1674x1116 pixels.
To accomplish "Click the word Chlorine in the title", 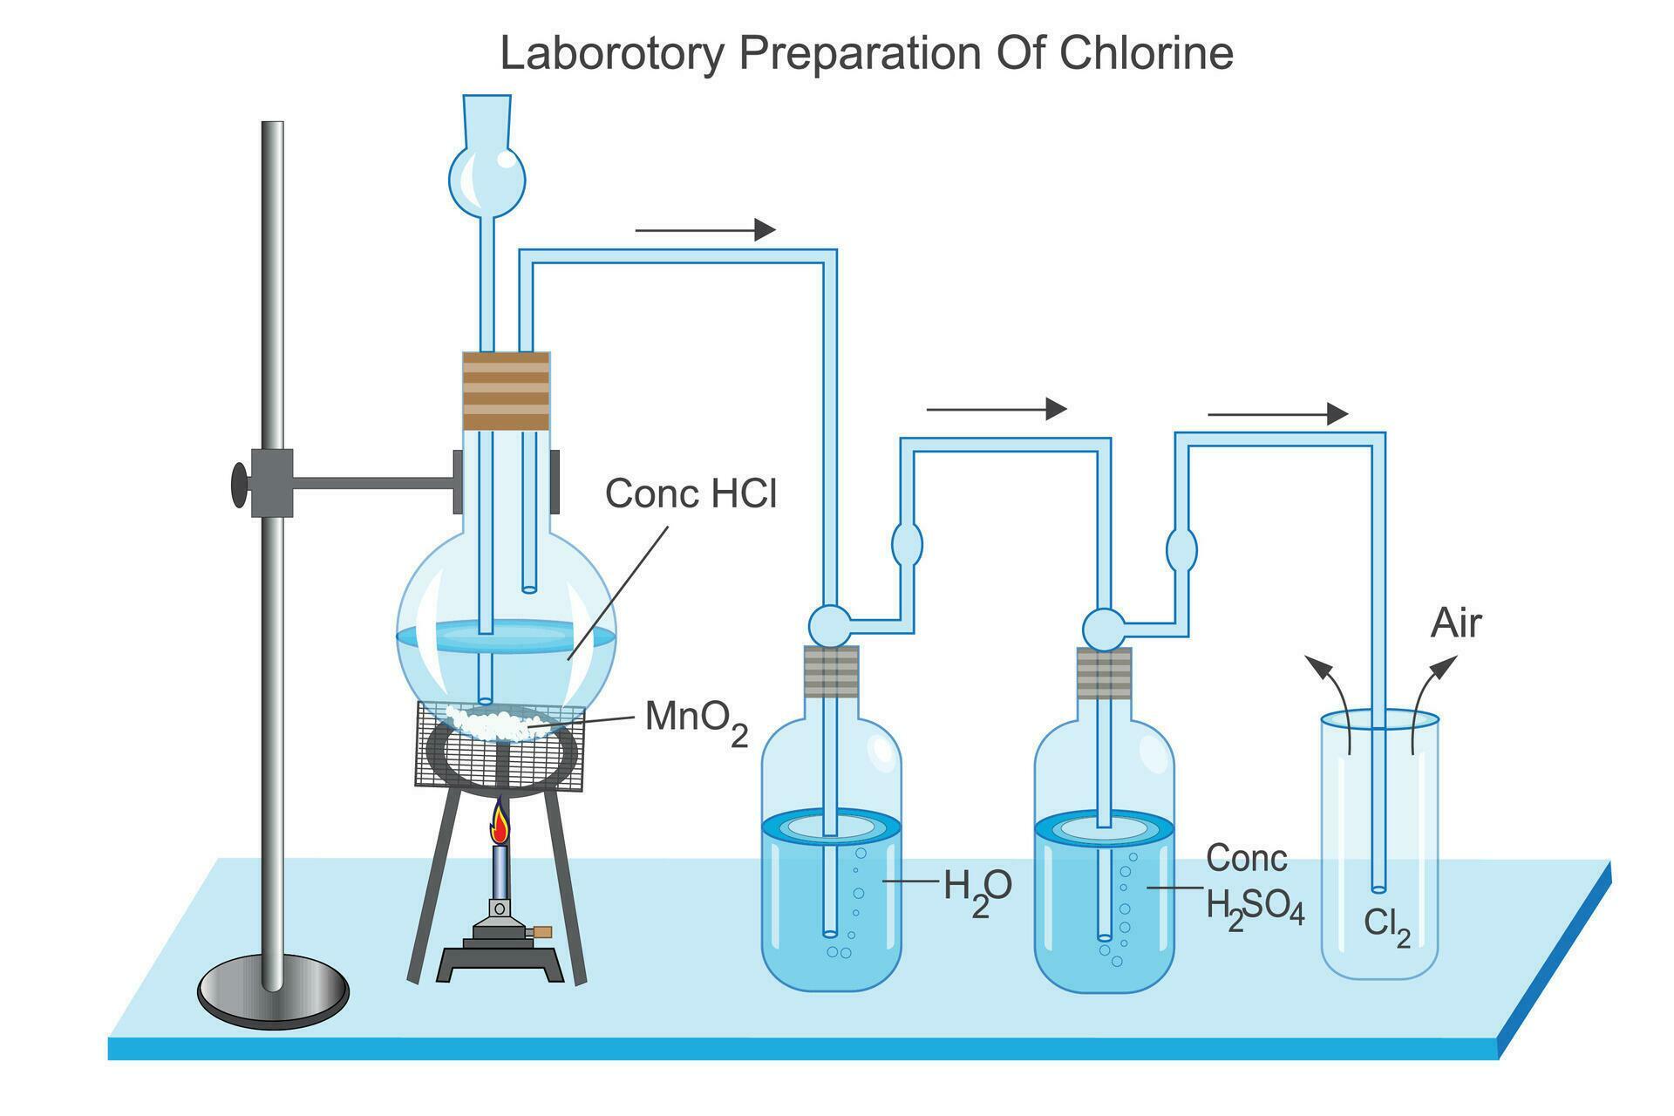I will (x=1147, y=54).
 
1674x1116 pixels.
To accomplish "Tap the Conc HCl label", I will (x=691, y=493).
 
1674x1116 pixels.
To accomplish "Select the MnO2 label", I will (x=696, y=721).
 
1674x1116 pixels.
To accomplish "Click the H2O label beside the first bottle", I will (x=977, y=888).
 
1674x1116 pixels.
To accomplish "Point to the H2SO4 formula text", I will (x=1255, y=908).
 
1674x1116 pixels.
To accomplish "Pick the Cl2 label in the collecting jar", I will (x=1387, y=924).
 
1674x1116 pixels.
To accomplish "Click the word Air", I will (x=1456, y=624).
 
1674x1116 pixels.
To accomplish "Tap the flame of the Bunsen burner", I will (x=500, y=824).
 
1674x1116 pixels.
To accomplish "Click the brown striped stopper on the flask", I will (x=506, y=391).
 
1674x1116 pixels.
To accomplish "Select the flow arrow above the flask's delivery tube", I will (x=704, y=230).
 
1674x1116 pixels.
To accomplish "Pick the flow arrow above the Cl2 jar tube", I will (x=1277, y=413).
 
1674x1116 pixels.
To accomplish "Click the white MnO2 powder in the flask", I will (x=488, y=720).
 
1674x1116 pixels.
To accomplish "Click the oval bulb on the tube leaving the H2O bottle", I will (x=907, y=545).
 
